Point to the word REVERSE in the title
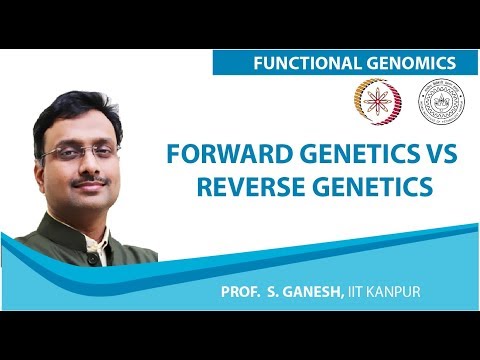251,187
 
